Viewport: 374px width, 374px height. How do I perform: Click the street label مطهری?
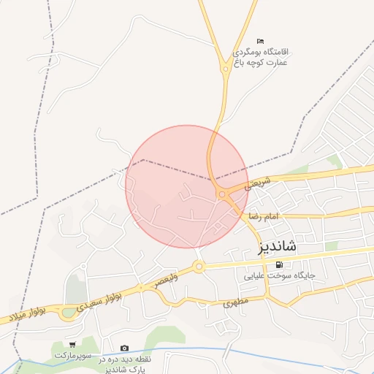pyautogui.click(x=237, y=302)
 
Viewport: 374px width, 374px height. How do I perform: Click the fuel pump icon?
pyautogui.click(x=281, y=264)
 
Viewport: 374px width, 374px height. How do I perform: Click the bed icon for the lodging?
pyautogui.click(x=260, y=41)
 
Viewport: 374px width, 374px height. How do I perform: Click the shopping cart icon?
pyautogui.click(x=72, y=344)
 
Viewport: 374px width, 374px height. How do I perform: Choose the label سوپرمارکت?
pyautogui.click(x=72, y=355)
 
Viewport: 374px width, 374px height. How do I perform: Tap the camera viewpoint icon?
pyautogui.click(x=124, y=348)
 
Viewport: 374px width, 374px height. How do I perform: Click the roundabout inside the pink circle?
pyautogui.click(x=221, y=194)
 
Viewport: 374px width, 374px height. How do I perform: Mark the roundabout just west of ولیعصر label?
pyautogui.click(x=198, y=267)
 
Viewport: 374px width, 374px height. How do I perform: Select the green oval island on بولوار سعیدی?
pyautogui.click(x=68, y=313)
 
